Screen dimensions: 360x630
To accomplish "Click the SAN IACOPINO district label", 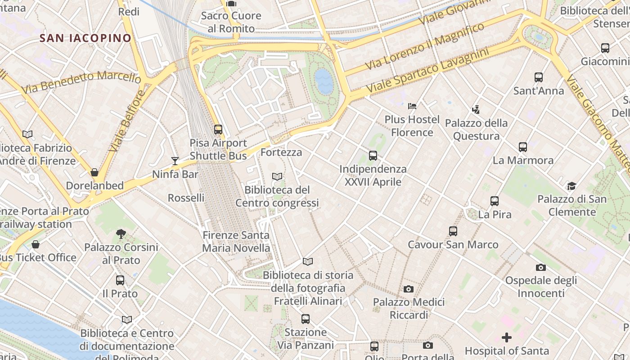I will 85,38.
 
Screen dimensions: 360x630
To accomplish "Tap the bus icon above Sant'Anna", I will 539,77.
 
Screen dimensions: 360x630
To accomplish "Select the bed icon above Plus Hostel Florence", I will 412,106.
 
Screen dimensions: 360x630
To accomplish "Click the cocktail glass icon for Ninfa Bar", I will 175,161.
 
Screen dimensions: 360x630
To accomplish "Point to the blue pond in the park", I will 324,81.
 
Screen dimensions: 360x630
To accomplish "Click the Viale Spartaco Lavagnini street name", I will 427,71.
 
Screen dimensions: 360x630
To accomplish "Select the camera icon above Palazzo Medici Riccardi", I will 409,289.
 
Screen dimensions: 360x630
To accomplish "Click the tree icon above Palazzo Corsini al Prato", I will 121,234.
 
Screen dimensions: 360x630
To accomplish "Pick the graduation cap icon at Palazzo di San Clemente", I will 571,186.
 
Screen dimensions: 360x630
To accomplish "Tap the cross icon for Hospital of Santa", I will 507,337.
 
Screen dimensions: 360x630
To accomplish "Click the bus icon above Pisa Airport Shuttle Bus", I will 218,130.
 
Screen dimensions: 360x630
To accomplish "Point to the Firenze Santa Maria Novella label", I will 236,242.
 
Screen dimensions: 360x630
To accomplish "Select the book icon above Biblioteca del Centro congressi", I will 277,177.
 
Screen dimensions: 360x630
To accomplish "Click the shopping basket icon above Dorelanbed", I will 94,172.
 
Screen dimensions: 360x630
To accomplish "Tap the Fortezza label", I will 281,152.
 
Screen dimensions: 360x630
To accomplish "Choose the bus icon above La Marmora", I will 522,147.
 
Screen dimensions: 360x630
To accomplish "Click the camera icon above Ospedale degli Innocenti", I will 541,267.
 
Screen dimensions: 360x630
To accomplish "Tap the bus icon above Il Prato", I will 120,280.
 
